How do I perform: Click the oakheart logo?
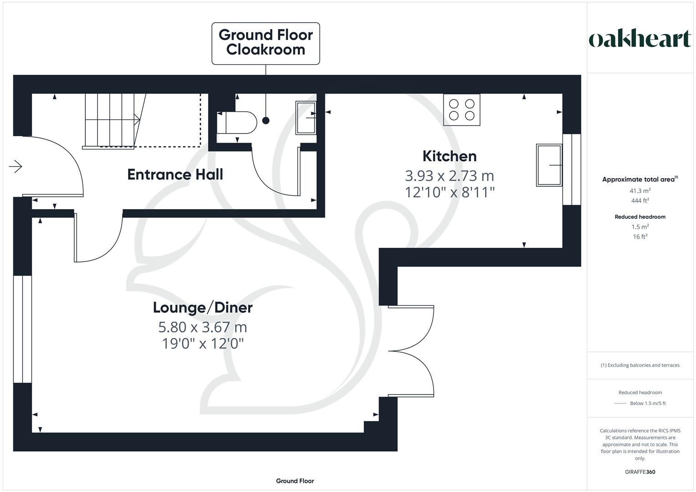pos(639,39)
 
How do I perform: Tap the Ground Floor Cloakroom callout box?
pos(266,43)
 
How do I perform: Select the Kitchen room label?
pos(449,156)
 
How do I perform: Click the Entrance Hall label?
pos(175,174)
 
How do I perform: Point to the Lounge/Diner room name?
pos(202,307)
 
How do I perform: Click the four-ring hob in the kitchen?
pos(462,110)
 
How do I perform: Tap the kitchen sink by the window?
pos(549,165)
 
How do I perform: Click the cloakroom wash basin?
pos(306,118)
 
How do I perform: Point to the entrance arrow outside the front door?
pos(15,167)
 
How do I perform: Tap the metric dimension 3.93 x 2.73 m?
pos(449,176)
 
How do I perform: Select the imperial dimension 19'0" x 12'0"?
pos(203,343)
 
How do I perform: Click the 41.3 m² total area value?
pos(640,191)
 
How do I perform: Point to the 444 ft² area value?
pos(640,201)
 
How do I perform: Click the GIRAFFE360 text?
pos(640,472)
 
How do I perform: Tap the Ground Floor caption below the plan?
pos(295,481)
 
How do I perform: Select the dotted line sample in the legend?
pos(620,404)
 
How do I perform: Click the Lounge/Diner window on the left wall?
pos(22,329)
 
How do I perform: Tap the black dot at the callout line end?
pos(266,121)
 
